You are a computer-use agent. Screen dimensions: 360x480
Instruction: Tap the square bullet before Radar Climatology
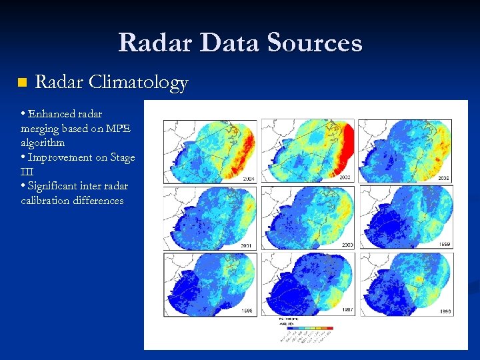click(21, 83)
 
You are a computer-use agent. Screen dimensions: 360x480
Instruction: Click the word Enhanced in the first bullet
click(52, 114)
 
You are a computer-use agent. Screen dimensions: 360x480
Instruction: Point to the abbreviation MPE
click(118, 129)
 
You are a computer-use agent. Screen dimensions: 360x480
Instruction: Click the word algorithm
click(43, 143)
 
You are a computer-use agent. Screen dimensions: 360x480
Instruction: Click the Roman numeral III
click(27, 171)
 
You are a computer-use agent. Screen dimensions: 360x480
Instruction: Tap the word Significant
click(54, 186)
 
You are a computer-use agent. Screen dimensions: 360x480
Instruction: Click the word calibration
click(45, 201)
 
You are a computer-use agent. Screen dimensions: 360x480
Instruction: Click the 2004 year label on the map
click(249, 179)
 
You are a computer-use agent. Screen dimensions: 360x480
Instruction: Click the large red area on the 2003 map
click(345, 150)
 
